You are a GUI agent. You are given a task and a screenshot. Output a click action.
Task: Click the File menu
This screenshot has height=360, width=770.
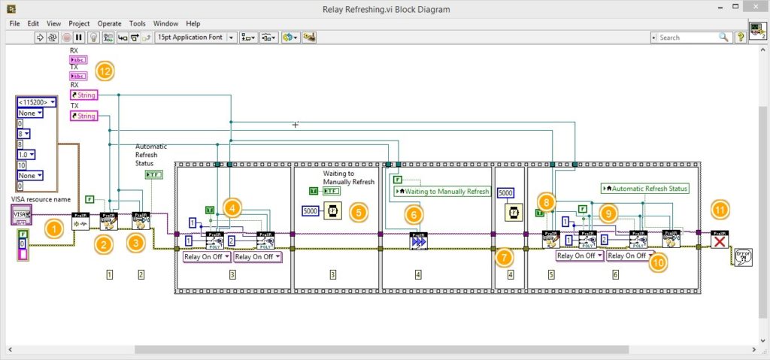(x=14, y=23)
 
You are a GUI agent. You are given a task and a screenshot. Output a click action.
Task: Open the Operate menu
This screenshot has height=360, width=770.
(x=109, y=23)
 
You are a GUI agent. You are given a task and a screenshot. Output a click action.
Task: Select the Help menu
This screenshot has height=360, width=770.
(x=193, y=23)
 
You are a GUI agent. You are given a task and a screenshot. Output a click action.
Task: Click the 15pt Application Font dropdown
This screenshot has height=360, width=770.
(x=196, y=37)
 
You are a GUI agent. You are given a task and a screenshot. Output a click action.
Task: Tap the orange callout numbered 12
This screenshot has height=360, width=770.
(x=104, y=72)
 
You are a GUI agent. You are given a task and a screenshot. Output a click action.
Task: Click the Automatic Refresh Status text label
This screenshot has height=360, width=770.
(x=152, y=154)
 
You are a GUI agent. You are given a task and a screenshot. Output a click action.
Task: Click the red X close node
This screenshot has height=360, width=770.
(x=720, y=239)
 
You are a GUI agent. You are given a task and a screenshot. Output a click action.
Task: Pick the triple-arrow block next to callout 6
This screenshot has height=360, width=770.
(x=418, y=240)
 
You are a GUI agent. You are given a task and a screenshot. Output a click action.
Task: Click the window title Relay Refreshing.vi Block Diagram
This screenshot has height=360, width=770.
(x=385, y=8)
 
